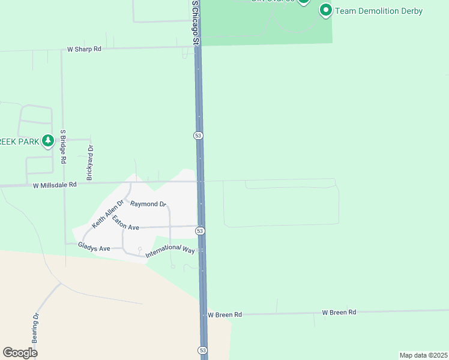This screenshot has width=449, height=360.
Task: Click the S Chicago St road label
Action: [194, 22]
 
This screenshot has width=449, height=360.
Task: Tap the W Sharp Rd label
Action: [84, 49]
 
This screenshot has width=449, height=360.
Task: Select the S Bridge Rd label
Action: [62, 147]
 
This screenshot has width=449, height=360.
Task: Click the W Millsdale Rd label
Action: [55, 185]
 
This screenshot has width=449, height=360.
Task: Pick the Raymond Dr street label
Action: [148, 204]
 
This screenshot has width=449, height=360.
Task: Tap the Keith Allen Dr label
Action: [106, 214]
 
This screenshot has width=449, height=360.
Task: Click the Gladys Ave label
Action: [94, 248]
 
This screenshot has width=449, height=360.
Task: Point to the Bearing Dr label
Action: [36, 327]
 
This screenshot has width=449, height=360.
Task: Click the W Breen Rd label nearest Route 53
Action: [224, 314]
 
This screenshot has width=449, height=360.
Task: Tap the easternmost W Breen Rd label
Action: [339, 312]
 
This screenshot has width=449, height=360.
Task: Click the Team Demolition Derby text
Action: [379, 11]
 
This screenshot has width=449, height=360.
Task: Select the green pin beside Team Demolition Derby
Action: [326, 10]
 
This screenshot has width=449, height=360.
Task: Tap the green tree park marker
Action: [48, 141]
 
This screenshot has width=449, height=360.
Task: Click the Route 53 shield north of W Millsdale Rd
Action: [198, 136]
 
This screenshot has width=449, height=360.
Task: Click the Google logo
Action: [20, 353]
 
